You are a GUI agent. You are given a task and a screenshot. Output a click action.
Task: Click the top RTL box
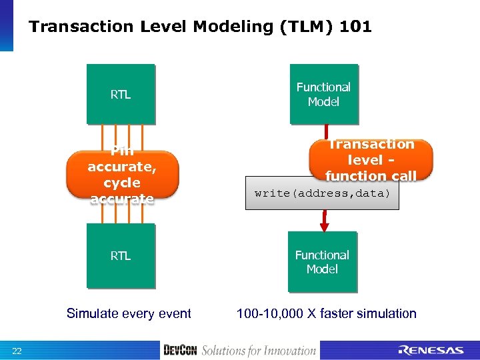pyautogui.click(x=121, y=94)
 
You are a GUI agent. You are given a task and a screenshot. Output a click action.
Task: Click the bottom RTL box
pyautogui.click(x=121, y=255)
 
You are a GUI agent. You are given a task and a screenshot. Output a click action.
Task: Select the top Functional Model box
pyautogui.click(x=323, y=94)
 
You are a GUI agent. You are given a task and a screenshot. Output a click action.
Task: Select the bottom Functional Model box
pyautogui.click(x=322, y=261)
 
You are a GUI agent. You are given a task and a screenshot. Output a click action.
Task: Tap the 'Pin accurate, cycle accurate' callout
pyautogui.click(x=122, y=175)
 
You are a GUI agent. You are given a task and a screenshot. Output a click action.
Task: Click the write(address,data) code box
pyautogui.click(x=322, y=194)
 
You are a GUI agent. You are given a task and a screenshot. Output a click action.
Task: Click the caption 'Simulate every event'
pyautogui.click(x=129, y=313)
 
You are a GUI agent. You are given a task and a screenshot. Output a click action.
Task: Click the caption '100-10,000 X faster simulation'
pyautogui.click(x=326, y=313)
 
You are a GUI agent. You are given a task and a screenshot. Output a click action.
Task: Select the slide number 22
pyautogui.click(x=17, y=351)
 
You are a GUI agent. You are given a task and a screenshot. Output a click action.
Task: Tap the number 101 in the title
pyautogui.click(x=355, y=27)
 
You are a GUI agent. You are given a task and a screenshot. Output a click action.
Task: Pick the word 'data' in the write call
pyautogui.click(x=377, y=194)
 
